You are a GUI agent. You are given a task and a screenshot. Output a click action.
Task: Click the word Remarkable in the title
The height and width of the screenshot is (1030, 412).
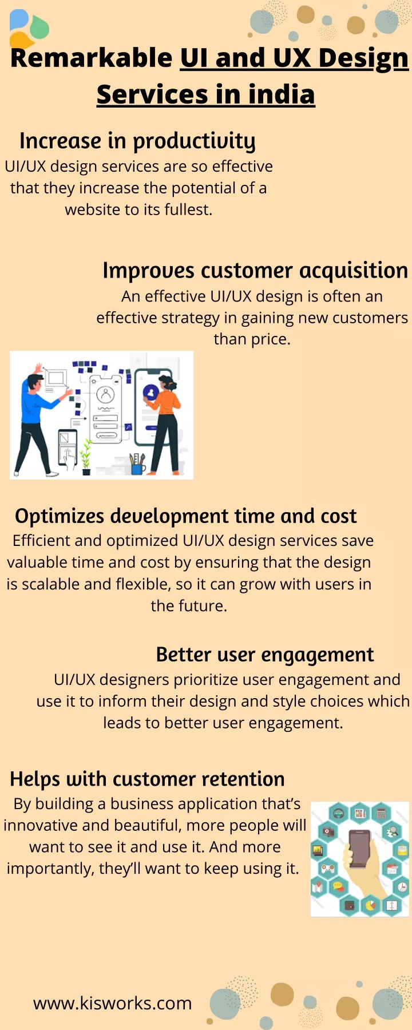92,58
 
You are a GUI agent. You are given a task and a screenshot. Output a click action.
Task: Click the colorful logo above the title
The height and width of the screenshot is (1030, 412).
29,28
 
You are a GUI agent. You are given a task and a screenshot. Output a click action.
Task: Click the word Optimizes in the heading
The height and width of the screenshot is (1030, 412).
60,517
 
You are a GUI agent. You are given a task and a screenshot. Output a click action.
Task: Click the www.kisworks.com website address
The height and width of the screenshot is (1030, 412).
112,1003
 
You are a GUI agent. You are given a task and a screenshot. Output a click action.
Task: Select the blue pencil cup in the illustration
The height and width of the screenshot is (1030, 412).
137,465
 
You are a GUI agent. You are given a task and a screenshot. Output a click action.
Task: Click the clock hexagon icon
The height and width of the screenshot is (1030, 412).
402,887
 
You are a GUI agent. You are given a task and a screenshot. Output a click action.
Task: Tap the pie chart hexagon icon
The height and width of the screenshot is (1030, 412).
371,905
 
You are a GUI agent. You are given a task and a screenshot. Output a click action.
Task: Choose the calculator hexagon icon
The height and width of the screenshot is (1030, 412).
381,813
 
